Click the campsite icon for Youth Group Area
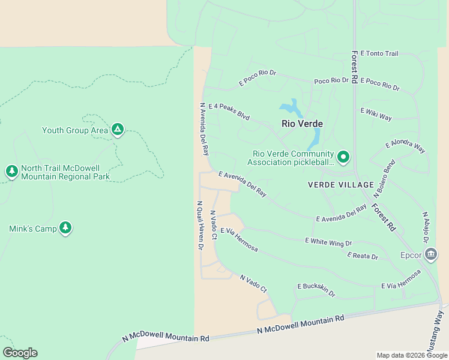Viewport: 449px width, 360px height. tap(118, 130)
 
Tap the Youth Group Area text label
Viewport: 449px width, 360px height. tap(75, 130)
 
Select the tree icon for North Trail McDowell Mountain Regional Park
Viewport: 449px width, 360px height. tap(11, 172)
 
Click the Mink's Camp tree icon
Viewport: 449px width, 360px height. tap(65, 228)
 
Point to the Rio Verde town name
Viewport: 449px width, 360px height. tap(303, 124)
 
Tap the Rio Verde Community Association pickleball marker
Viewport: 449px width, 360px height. tap(343, 157)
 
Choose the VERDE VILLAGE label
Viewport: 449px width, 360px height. tap(340, 184)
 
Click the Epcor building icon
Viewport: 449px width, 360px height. tap(430, 254)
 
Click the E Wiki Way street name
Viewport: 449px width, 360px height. tap(376, 114)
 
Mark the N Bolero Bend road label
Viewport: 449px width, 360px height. tap(384, 179)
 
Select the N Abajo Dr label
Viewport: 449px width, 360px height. tap(426, 227)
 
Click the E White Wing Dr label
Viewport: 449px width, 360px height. tap(328, 242)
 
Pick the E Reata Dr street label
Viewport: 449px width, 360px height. tap(363, 256)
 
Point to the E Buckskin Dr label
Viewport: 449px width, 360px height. tap(316, 290)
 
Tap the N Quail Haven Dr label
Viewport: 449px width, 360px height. tap(200, 224)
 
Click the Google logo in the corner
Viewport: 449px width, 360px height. tap(20, 353)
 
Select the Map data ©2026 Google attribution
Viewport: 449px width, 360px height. tap(411, 355)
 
